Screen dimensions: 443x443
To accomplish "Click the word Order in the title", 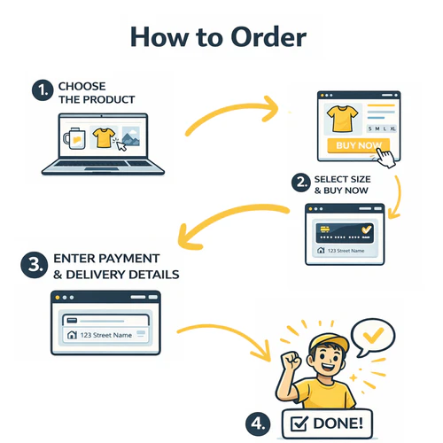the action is click(x=268, y=37).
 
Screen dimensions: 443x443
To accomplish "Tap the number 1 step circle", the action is click(x=43, y=90).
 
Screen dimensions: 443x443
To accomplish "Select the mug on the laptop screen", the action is click(x=74, y=139).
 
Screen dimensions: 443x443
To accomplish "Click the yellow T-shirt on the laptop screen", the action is click(x=104, y=137).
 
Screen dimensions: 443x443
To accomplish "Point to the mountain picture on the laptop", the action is click(x=131, y=136).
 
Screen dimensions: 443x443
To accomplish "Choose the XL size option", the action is click(x=392, y=128).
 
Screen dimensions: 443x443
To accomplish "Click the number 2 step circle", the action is click(x=301, y=183).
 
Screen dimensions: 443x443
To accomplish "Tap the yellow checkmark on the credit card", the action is click(x=367, y=229).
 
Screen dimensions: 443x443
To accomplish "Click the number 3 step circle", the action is click(x=35, y=265).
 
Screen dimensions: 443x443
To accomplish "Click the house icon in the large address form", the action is click(x=72, y=335).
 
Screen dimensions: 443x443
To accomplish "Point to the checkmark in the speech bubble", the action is click(x=373, y=335).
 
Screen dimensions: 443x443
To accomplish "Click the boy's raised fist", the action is click(x=291, y=361).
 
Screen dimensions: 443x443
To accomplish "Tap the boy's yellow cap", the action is click(x=330, y=343).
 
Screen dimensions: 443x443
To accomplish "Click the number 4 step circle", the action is click(x=258, y=424).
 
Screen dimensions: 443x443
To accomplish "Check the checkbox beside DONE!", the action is click(x=299, y=424).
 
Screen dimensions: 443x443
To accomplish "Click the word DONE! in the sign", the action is click(x=338, y=424).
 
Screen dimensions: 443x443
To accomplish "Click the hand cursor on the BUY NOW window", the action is click(x=385, y=157).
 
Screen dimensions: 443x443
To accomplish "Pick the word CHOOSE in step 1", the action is click(x=82, y=86).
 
